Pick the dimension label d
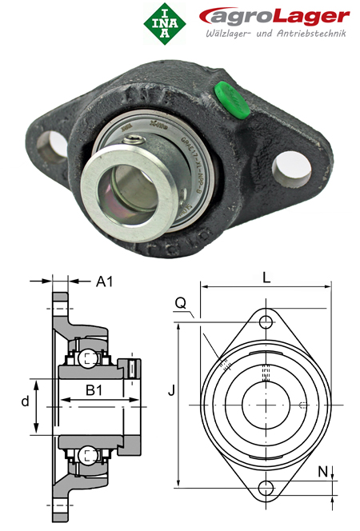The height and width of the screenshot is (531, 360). [x=25, y=401]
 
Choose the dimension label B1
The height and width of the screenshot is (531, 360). [x=94, y=390]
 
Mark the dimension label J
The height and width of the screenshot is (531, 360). [x=170, y=392]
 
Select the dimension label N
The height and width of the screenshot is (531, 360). [x=322, y=472]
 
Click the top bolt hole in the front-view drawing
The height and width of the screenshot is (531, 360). [x=265, y=321]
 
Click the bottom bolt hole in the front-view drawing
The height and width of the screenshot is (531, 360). [x=265, y=488]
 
